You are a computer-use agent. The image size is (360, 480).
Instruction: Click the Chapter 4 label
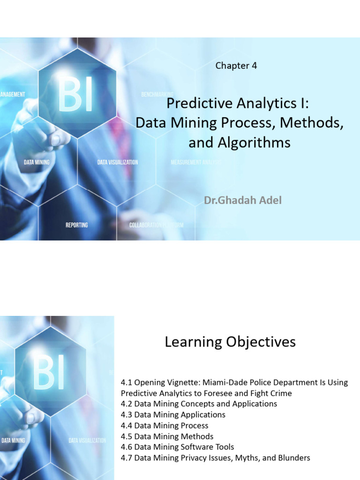click(236, 66)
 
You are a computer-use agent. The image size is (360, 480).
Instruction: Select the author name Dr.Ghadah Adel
click(243, 201)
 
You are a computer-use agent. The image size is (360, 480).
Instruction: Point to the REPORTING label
click(76, 225)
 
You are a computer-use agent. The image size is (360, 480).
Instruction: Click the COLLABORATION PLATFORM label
click(156, 225)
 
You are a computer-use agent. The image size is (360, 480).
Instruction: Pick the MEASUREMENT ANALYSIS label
click(195, 162)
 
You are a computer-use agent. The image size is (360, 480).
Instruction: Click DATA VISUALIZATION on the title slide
click(118, 162)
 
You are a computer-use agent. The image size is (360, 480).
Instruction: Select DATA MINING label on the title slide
click(37, 162)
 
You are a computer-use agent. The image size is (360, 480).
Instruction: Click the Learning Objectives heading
click(230, 342)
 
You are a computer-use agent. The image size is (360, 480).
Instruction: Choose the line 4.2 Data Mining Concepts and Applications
click(199, 404)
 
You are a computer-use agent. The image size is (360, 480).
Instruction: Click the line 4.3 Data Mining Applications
click(173, 415)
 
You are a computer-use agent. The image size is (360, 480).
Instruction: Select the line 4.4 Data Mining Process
click(165, 426)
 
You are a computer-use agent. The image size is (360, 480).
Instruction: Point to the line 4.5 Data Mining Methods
click(167, 436)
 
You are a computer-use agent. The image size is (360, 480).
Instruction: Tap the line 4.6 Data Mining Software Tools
click(177, 447)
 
